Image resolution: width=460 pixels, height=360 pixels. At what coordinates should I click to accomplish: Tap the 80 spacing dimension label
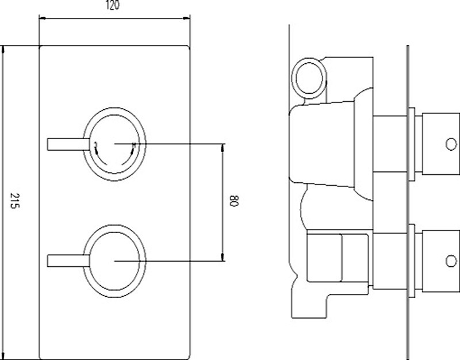(x=234, y=202)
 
